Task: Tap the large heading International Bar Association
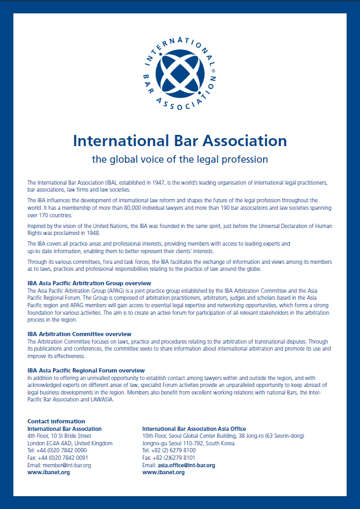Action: tap(180, 141)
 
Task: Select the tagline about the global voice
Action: tap(180, 159)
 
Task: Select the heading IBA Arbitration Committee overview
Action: tap(79, 334)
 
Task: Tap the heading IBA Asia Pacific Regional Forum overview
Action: tap(86, 370)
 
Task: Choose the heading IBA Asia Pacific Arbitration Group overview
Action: tap(89, 283)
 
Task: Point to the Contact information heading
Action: tap(56, 421)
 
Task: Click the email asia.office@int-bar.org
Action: tap(186, 465)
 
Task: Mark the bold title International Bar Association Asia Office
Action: tap(194, 429)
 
